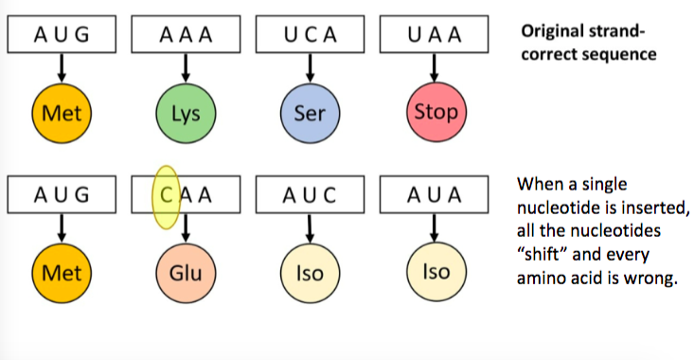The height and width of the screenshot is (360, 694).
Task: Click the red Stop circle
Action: tap(436, 113)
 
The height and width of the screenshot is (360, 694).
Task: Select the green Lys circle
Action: tap(186, 115)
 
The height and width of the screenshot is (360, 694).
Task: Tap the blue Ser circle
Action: tap(310, 115)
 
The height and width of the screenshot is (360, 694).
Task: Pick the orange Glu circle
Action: tap(186, 274)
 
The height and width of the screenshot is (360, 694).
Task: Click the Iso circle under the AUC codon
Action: tap(310, 274)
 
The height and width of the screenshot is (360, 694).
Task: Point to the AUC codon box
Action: tap(310, 196)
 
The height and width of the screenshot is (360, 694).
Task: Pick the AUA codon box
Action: tap(435, 196)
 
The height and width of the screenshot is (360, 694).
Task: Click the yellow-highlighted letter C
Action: tap(166, 197)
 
